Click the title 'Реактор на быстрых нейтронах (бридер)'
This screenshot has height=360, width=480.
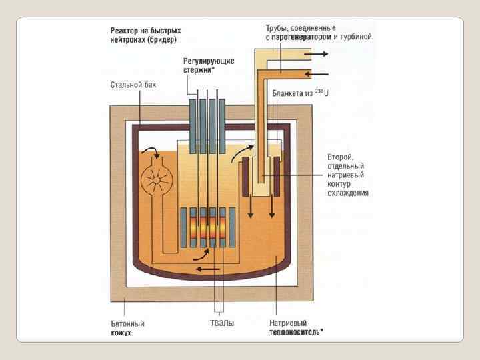145,35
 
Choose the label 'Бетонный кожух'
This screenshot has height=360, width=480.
127,327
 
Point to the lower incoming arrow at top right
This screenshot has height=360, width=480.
319,72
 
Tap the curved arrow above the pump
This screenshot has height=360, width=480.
153,149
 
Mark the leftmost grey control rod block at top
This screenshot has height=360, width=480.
193,127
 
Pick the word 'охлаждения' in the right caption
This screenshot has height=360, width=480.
347,193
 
